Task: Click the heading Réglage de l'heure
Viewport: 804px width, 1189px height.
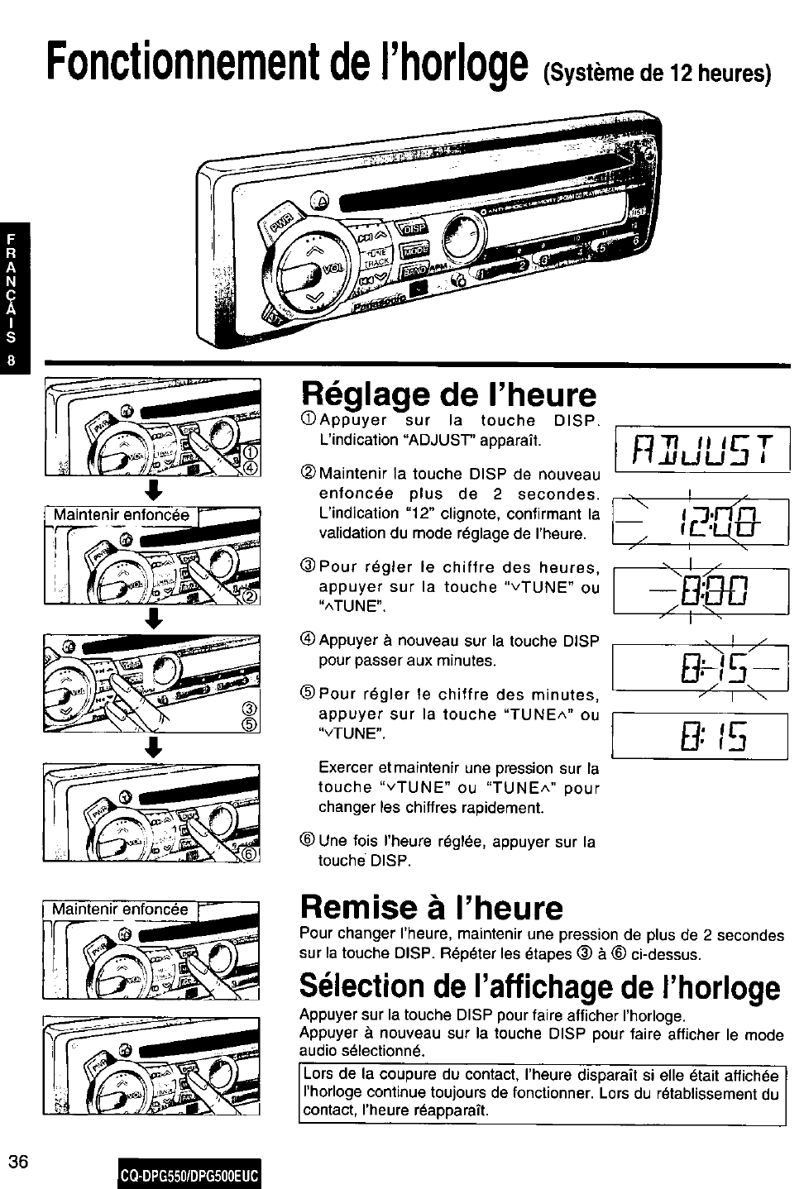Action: [x=449, y=394]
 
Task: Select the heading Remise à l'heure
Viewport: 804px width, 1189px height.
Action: [x=432, y=908]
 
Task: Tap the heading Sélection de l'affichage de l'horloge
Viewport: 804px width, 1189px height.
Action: [x=540, y=986]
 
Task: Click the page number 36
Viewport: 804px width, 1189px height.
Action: [x=19, y=1162]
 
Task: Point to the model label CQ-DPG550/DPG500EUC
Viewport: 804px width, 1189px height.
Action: [x=189, y=1175]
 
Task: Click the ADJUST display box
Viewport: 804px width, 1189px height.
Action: [x=701, y=448]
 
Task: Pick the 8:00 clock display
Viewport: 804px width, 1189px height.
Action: [x=701, y=590]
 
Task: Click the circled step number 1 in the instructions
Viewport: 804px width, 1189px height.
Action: [x=309, y=421]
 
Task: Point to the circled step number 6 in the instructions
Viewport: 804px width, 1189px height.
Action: [x=309, y=842]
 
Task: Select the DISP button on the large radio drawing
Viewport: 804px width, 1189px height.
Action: [x=413, y=229]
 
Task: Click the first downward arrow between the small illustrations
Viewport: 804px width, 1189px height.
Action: [x=151, y=489]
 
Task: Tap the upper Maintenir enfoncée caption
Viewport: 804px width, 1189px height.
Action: [x=122, y=516]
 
